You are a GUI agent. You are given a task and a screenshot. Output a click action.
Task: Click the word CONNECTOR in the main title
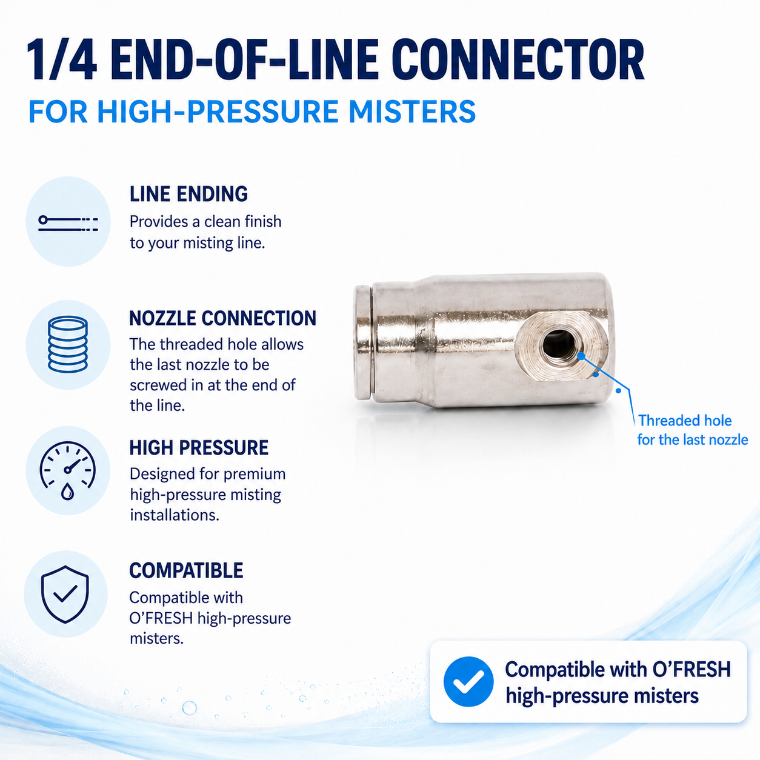518,61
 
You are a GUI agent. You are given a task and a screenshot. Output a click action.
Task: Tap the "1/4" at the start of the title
61,61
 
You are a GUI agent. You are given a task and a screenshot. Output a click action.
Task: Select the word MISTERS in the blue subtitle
412,112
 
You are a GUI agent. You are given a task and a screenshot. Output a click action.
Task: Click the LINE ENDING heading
188,194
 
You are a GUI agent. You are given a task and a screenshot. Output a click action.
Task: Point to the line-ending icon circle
68,221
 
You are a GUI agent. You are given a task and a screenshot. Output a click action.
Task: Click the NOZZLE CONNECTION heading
223,318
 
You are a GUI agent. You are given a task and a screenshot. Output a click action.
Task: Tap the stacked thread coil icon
68,344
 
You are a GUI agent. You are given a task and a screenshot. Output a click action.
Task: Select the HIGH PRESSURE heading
199,448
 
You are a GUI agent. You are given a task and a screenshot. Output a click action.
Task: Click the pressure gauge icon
68,470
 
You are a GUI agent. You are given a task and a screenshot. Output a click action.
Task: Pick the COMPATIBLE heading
186,570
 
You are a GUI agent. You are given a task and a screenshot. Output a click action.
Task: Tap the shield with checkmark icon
65,594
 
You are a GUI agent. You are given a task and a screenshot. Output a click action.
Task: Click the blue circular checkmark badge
468,682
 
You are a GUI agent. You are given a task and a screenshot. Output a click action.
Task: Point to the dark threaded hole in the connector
559,344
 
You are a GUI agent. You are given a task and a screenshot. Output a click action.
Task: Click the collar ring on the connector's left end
362,342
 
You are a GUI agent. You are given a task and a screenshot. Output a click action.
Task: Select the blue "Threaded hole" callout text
685,421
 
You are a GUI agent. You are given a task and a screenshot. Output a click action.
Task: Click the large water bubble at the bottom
189,708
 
